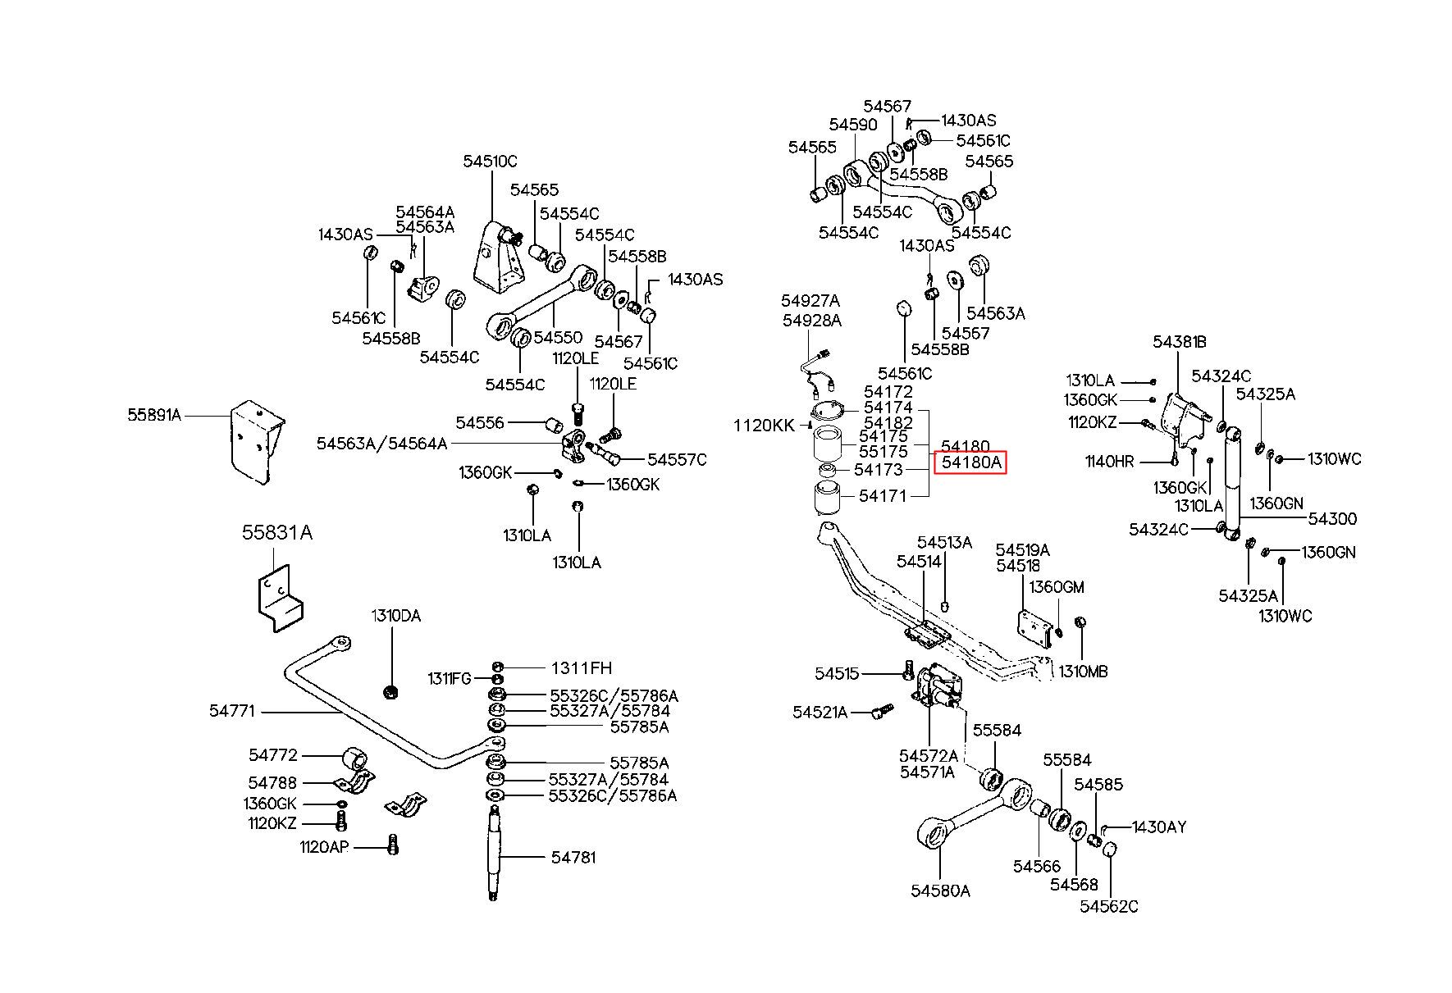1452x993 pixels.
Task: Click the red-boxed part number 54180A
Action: coord(971,462)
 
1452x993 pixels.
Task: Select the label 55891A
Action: coord(154,415)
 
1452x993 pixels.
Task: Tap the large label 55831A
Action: coord(277,533)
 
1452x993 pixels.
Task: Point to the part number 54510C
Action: coord(491,162)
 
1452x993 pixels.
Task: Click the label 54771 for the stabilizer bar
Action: coord(232,712)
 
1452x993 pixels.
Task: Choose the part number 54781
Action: coord(573,857)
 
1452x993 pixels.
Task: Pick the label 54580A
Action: coord(940,891)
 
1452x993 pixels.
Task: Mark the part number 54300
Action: coord(1332,518)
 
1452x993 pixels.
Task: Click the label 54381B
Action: coord(1180,343)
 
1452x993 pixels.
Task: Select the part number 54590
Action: coord(853,125)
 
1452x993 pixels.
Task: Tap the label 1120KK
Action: coord(764,425)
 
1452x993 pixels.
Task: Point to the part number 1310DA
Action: coord(395,616)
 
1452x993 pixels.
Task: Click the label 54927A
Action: coord(810,301)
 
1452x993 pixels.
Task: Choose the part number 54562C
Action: coord(1109,906)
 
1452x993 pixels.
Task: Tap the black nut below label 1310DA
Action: coord(391,692)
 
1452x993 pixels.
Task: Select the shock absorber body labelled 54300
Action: coord(1231,484)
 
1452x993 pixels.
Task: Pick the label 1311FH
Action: coord(581,668)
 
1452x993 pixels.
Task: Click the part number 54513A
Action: coord(944,542)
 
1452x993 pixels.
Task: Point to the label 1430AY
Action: coord(1159,827)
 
